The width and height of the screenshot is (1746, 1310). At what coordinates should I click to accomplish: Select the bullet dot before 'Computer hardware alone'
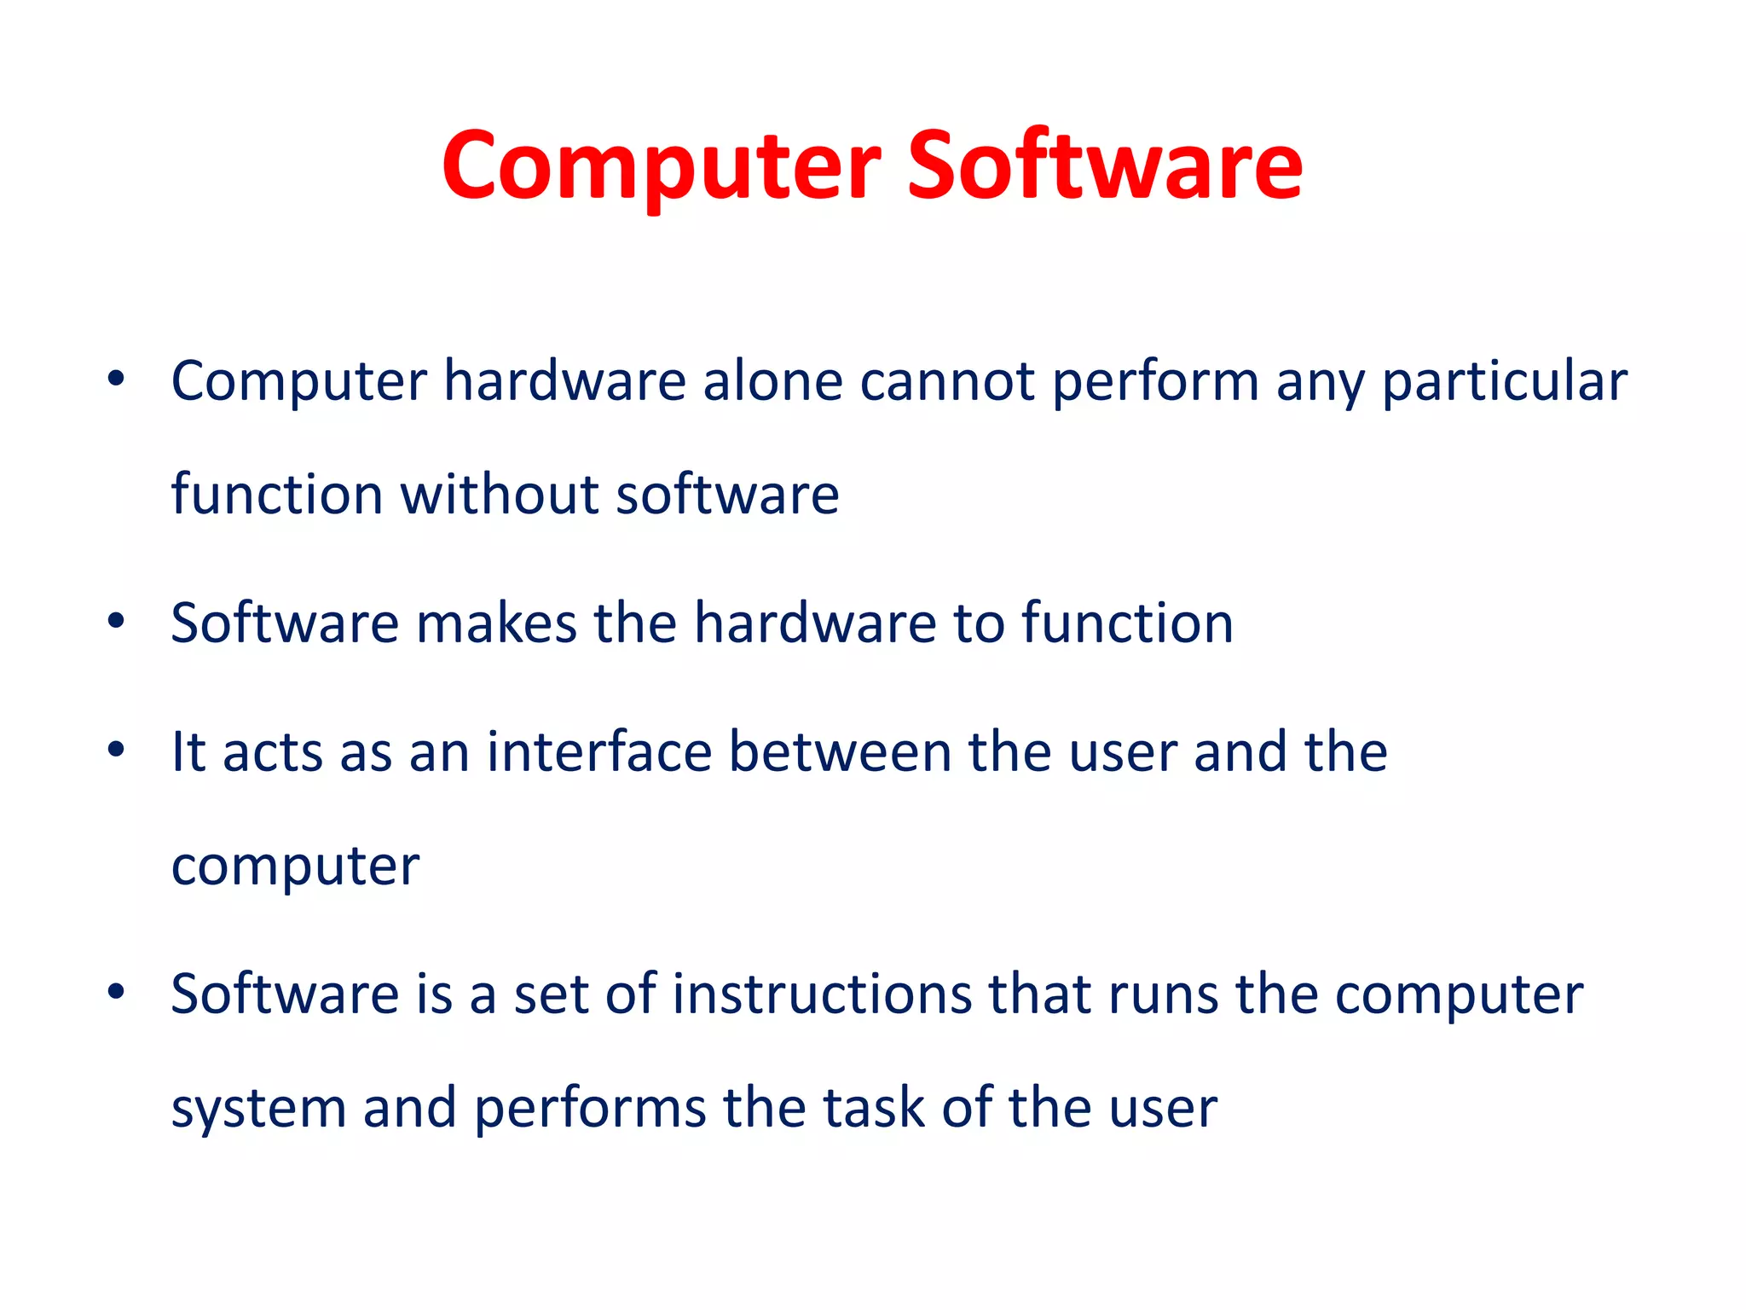click(117, 378)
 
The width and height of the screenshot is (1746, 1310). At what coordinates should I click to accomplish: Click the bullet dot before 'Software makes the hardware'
click(117, 620)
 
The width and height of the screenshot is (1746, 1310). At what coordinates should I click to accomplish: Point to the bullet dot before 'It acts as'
click(117, 750)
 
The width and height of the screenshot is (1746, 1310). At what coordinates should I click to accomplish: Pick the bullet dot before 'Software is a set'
click(117, 991)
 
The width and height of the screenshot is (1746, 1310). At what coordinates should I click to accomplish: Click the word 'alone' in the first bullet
click(772, 380)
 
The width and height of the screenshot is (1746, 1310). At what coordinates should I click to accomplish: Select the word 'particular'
click(1504, 380)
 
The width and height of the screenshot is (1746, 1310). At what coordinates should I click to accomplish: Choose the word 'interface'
click(598, 752)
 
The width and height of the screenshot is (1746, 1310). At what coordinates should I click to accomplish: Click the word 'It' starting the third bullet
click(188, 752)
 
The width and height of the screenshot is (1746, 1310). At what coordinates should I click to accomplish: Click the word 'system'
click(257, 1109)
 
